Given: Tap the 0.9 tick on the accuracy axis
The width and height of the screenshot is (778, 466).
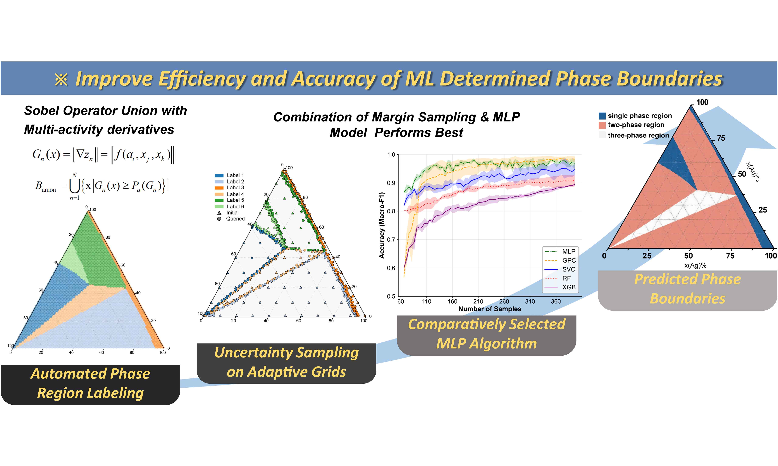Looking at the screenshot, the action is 391,183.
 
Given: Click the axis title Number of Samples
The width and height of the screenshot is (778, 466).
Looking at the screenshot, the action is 490,309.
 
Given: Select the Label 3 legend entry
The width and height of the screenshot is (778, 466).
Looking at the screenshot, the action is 230,187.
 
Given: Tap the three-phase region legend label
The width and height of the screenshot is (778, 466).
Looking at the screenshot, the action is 638,135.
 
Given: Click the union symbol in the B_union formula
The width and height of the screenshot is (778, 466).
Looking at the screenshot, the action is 74,186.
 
